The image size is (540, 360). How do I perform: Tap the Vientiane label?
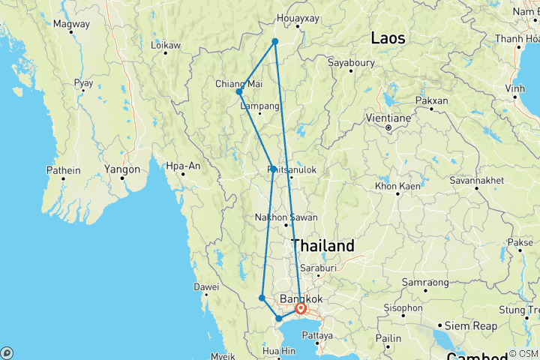point(388,118)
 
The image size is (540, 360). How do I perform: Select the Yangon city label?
point(123,169)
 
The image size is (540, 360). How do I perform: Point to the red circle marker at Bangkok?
point(301,308)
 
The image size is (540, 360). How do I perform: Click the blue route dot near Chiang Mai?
point(239,92)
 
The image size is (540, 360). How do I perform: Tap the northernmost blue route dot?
point(275,41)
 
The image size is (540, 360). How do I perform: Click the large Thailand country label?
point(322,246)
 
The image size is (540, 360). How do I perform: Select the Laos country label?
point(388,38)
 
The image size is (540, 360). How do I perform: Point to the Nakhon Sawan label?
point(286,217)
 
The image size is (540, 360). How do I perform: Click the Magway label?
point(71,24)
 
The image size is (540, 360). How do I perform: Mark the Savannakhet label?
point(474,181)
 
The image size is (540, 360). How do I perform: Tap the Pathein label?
point(63,169)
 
